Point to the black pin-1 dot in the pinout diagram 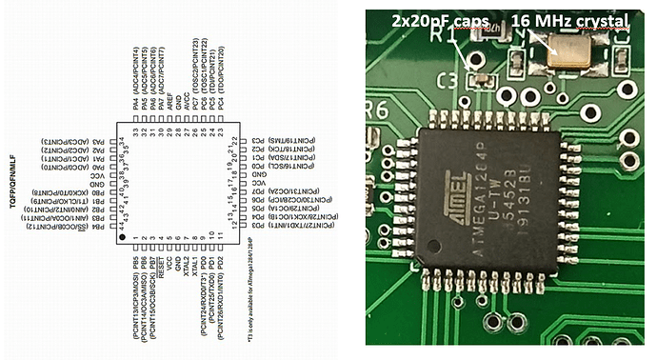tap(124, 234)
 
